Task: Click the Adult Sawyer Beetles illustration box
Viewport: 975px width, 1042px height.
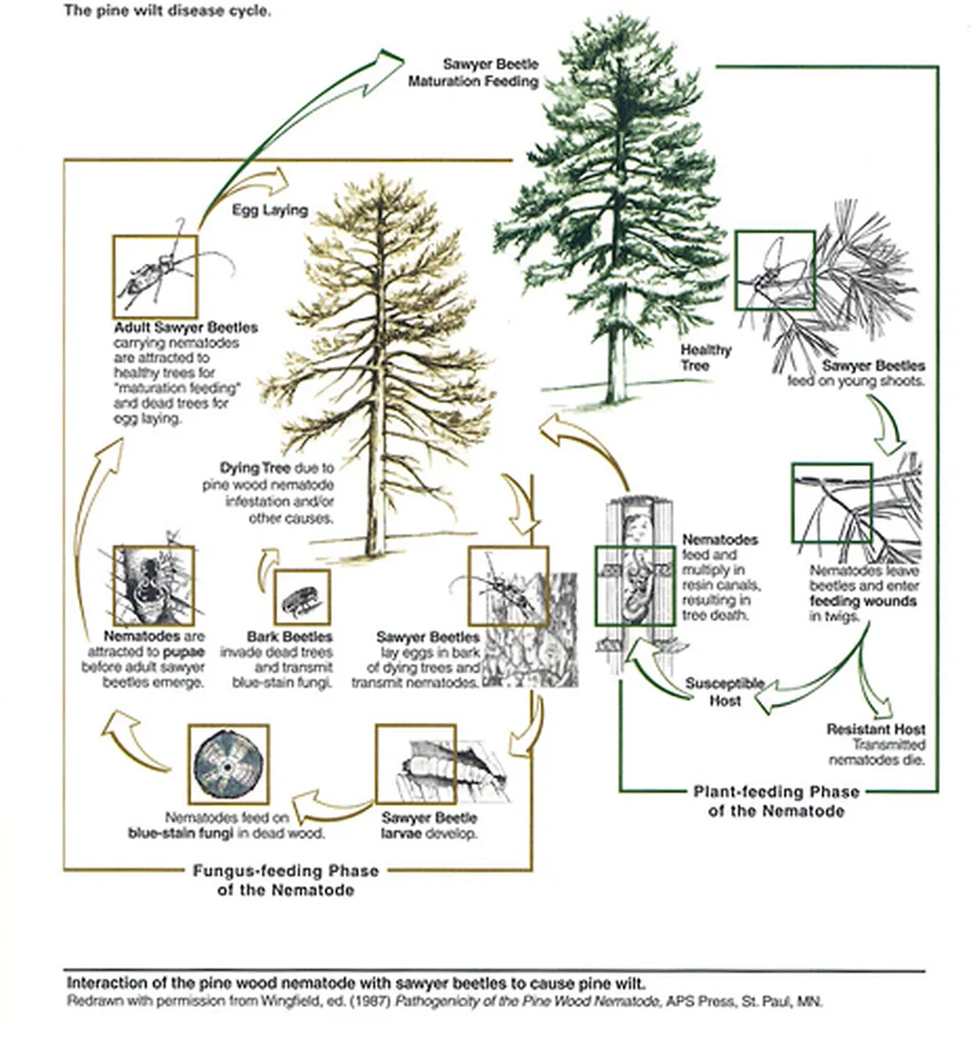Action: pos(154,276)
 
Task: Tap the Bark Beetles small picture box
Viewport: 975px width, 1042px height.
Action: pos(302,597)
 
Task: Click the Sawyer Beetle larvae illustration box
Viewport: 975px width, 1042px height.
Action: pos(415,764)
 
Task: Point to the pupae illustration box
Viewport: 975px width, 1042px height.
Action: pos(153,585)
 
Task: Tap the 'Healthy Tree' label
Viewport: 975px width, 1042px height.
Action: pos(706,357)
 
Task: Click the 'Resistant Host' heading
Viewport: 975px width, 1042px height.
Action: pos(875,730)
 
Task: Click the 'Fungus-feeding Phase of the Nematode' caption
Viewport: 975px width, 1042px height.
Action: pos(272,880)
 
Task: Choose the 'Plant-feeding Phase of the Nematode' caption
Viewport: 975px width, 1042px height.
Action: pos(775,801)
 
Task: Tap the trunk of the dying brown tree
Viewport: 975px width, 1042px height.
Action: pos(379,514)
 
